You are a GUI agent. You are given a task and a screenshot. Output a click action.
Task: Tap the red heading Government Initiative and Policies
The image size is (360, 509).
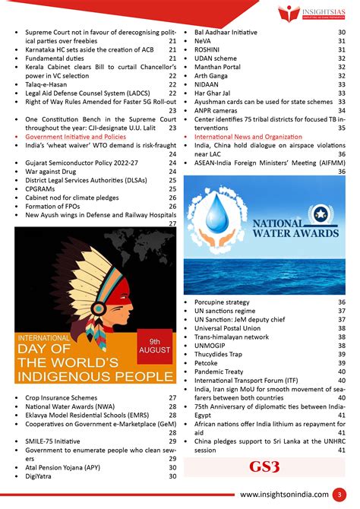pos(76,137)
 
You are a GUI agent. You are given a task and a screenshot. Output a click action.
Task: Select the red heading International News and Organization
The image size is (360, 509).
pos(248,137)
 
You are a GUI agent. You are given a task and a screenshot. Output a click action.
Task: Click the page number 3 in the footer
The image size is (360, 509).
pos(341,495)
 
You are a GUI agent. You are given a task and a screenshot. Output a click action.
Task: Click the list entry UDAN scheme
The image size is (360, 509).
pos(216,58)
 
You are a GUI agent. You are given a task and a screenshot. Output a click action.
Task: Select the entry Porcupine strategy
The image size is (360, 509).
pos(226,302)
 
